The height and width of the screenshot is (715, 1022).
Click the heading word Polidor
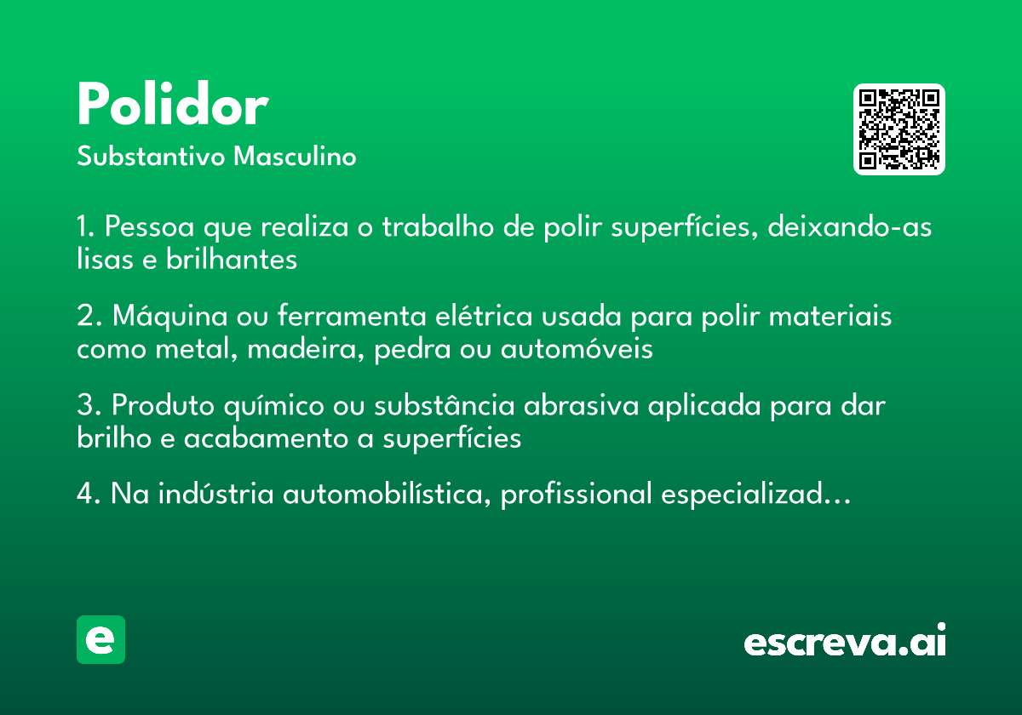(172, 106)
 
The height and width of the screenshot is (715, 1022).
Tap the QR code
(899, 129)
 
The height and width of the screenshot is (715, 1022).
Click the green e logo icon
(100, 639)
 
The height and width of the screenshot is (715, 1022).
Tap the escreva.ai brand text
(845, 641)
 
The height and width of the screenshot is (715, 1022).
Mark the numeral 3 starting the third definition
(84, 405)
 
